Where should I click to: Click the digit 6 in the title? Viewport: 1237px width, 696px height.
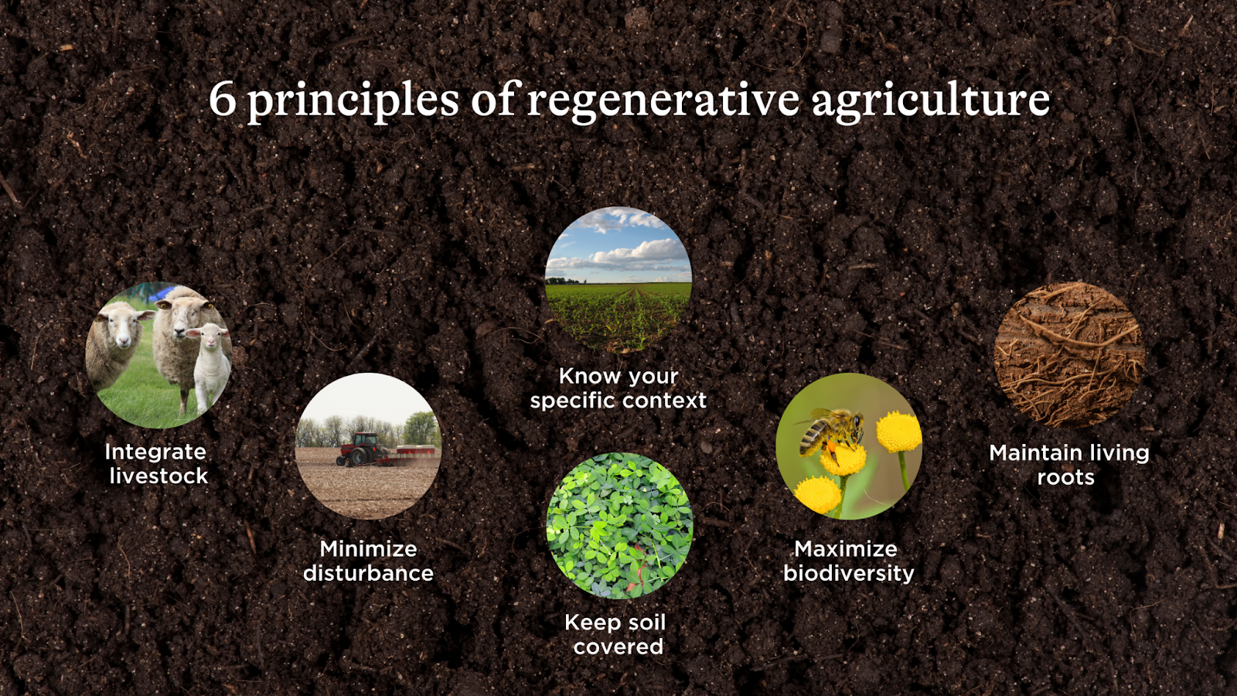pyautogui.click(x=222, y=100)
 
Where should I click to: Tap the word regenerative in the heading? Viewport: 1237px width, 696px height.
pyautogui.click(x=663, y=102)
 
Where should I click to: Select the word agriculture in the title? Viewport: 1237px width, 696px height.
pyautogui.click(x=931, y=102)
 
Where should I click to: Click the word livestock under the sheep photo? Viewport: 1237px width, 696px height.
pyautogui.click(x=158, y=476)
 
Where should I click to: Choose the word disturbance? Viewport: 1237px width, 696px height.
pyautogui.click(x=368, y=573)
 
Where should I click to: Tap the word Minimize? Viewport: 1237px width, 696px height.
pyautogui.click(x=368, y=548)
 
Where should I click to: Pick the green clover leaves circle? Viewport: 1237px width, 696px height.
pyautogui.click(x=619, y=526)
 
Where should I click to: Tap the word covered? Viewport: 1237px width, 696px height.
pyautogui.click(x=618, y=647)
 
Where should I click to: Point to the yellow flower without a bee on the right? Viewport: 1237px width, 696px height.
pyautogui.click(x=899, y=432)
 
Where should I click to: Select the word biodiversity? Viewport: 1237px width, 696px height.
pyautogui.click(x=849, y=573)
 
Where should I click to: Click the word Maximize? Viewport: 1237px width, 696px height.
pyautogui.click(x=846, y=548)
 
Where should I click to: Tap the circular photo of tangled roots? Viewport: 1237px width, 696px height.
pyautogui.click(x=1070, y=355)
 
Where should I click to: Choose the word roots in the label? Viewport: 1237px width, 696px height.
pyautogui.click(x=1066, y=477)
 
